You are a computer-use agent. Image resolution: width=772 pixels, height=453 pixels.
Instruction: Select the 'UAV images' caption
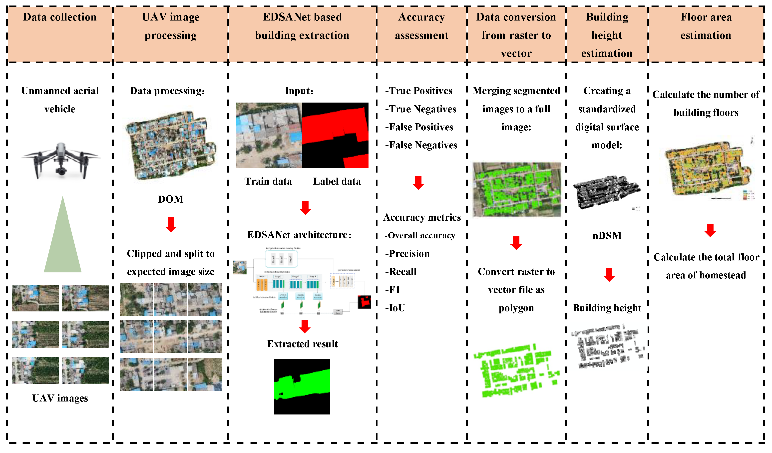pos(60,398)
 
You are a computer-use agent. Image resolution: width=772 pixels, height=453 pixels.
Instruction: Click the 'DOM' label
pos(171,199)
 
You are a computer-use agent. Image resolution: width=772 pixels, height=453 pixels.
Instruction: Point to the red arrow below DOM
pos(171,224)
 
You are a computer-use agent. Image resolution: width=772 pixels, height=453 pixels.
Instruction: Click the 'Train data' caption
pos(268,181)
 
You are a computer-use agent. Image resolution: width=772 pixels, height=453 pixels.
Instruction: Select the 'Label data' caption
pos(337,181)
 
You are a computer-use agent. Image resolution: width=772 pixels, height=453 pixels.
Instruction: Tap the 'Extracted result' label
pos(302,344)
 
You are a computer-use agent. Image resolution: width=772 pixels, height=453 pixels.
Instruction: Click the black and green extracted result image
pos(302,386)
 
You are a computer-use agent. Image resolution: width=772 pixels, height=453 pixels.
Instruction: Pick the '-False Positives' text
pos(419,127)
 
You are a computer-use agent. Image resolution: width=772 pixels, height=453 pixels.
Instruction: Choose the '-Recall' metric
pos(401,271)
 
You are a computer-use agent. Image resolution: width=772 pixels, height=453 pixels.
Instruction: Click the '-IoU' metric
pos(395,308)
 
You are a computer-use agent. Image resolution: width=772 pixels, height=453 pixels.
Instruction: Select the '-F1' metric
pos(392,289)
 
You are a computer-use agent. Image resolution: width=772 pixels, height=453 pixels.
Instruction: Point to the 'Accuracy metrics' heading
pos(422,217)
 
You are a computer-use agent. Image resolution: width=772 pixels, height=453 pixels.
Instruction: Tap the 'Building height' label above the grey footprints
pos(607,308)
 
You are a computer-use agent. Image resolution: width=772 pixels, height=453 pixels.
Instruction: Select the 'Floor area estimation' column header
pos(706,26)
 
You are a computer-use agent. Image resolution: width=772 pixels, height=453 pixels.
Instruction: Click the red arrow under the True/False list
pos(418,183)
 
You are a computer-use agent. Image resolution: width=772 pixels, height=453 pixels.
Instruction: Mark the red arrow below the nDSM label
pos(609,274)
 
